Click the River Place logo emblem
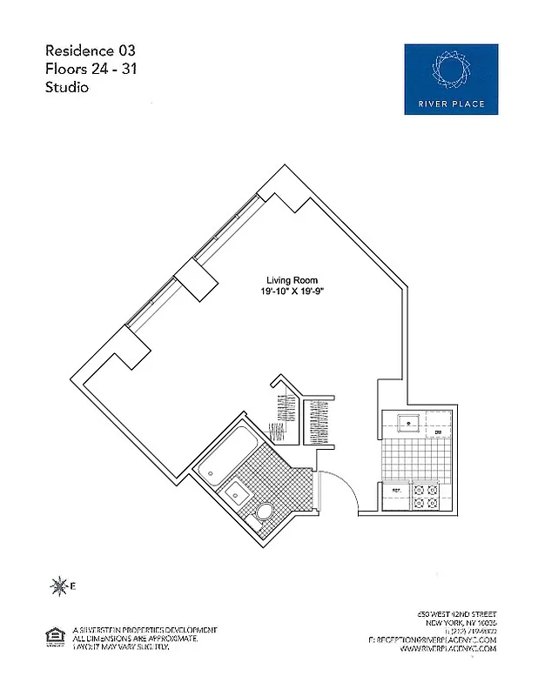pyautogui.click(x=450, y=70)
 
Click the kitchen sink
pyautogui.click(x=407, y=424)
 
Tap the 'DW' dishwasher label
pyautogui.click(x=440, y=432)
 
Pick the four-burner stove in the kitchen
pyautogui.click(x=426, y=497)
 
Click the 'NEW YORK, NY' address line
pyautogui.click(x=461, y=625)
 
